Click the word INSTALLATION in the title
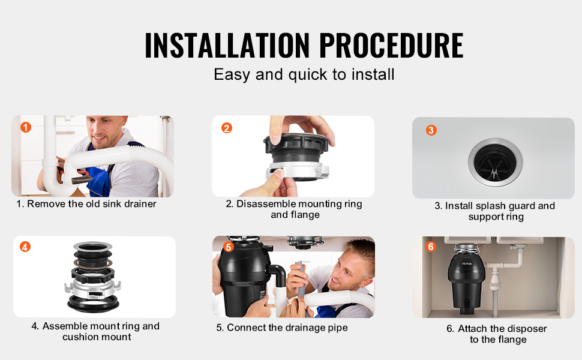(x=227, y=45)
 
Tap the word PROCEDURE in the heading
(x=391, y=45)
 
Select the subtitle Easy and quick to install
(x=304, y=74)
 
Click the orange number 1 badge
(x=26, y=127)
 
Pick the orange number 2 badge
(x=226, y=128)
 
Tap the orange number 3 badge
(x=431, y=130)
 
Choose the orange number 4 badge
(x=25, y=247)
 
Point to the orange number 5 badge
(x=228, y=247)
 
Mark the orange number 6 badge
(x=431, y=247)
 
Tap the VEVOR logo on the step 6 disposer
(x=467, y=263)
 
